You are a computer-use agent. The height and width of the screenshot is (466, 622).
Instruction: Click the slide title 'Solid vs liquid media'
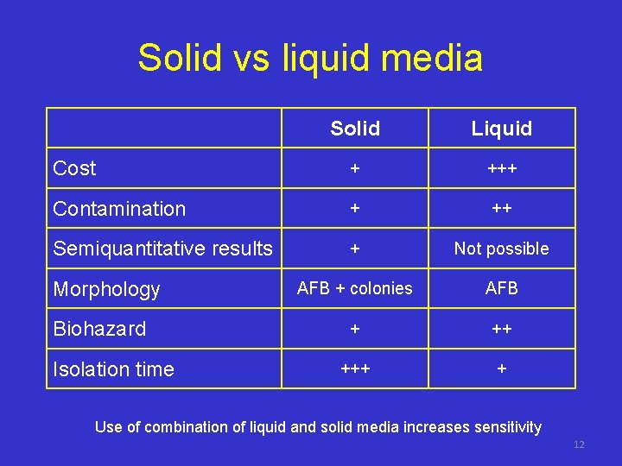pyautogui.click(x=310, y=59)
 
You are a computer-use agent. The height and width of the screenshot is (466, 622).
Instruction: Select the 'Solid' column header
pyautogui.click(x=355, y=129)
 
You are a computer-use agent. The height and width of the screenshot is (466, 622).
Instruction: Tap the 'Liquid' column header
pyautogui.click(x=501, y=129)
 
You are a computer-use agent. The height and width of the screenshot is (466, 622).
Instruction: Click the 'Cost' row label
pyautogui.click(x=74, y=168)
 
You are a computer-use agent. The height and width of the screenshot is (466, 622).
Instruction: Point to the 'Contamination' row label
pyautogui.click(x=119, y=209)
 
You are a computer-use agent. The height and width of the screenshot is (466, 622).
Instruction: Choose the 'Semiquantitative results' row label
pyautogui.click(x=162, y=249)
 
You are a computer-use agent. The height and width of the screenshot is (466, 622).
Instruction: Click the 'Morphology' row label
pyautogui.click(x=106, y=289)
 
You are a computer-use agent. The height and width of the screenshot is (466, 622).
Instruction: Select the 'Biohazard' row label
pyautogui.click(x=99, y=329)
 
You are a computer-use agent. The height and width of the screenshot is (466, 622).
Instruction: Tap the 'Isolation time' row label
pyautogui.click(x=113, y=369)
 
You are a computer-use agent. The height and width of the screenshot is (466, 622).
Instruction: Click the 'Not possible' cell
pyautogui.click(x=501, y=249)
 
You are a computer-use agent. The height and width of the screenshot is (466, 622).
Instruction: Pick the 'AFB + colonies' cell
pyautogui.click(x=355, y=288)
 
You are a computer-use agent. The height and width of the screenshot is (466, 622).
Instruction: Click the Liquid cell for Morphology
pyautogui.click(x=501, y=288)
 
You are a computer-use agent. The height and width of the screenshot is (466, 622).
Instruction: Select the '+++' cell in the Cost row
pyautogui.click(x=501, y=169)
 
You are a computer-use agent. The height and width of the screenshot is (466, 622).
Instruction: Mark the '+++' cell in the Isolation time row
pyautogui.click(x=355, y=368)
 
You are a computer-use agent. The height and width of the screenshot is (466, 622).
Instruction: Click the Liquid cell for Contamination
pyautogui.click(x=501, y=209)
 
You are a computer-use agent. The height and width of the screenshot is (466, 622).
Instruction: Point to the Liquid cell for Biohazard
pyautogui.click(x=501, y=329)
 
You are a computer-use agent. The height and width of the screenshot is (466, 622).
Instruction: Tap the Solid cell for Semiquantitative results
pyautogui.click(x=355, y=249)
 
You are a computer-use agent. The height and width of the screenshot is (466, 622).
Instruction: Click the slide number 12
pyautogui.click(x=579, y=444)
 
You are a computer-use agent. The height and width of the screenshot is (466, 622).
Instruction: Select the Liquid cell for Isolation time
pyautogui.click(x=501, y=368)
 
